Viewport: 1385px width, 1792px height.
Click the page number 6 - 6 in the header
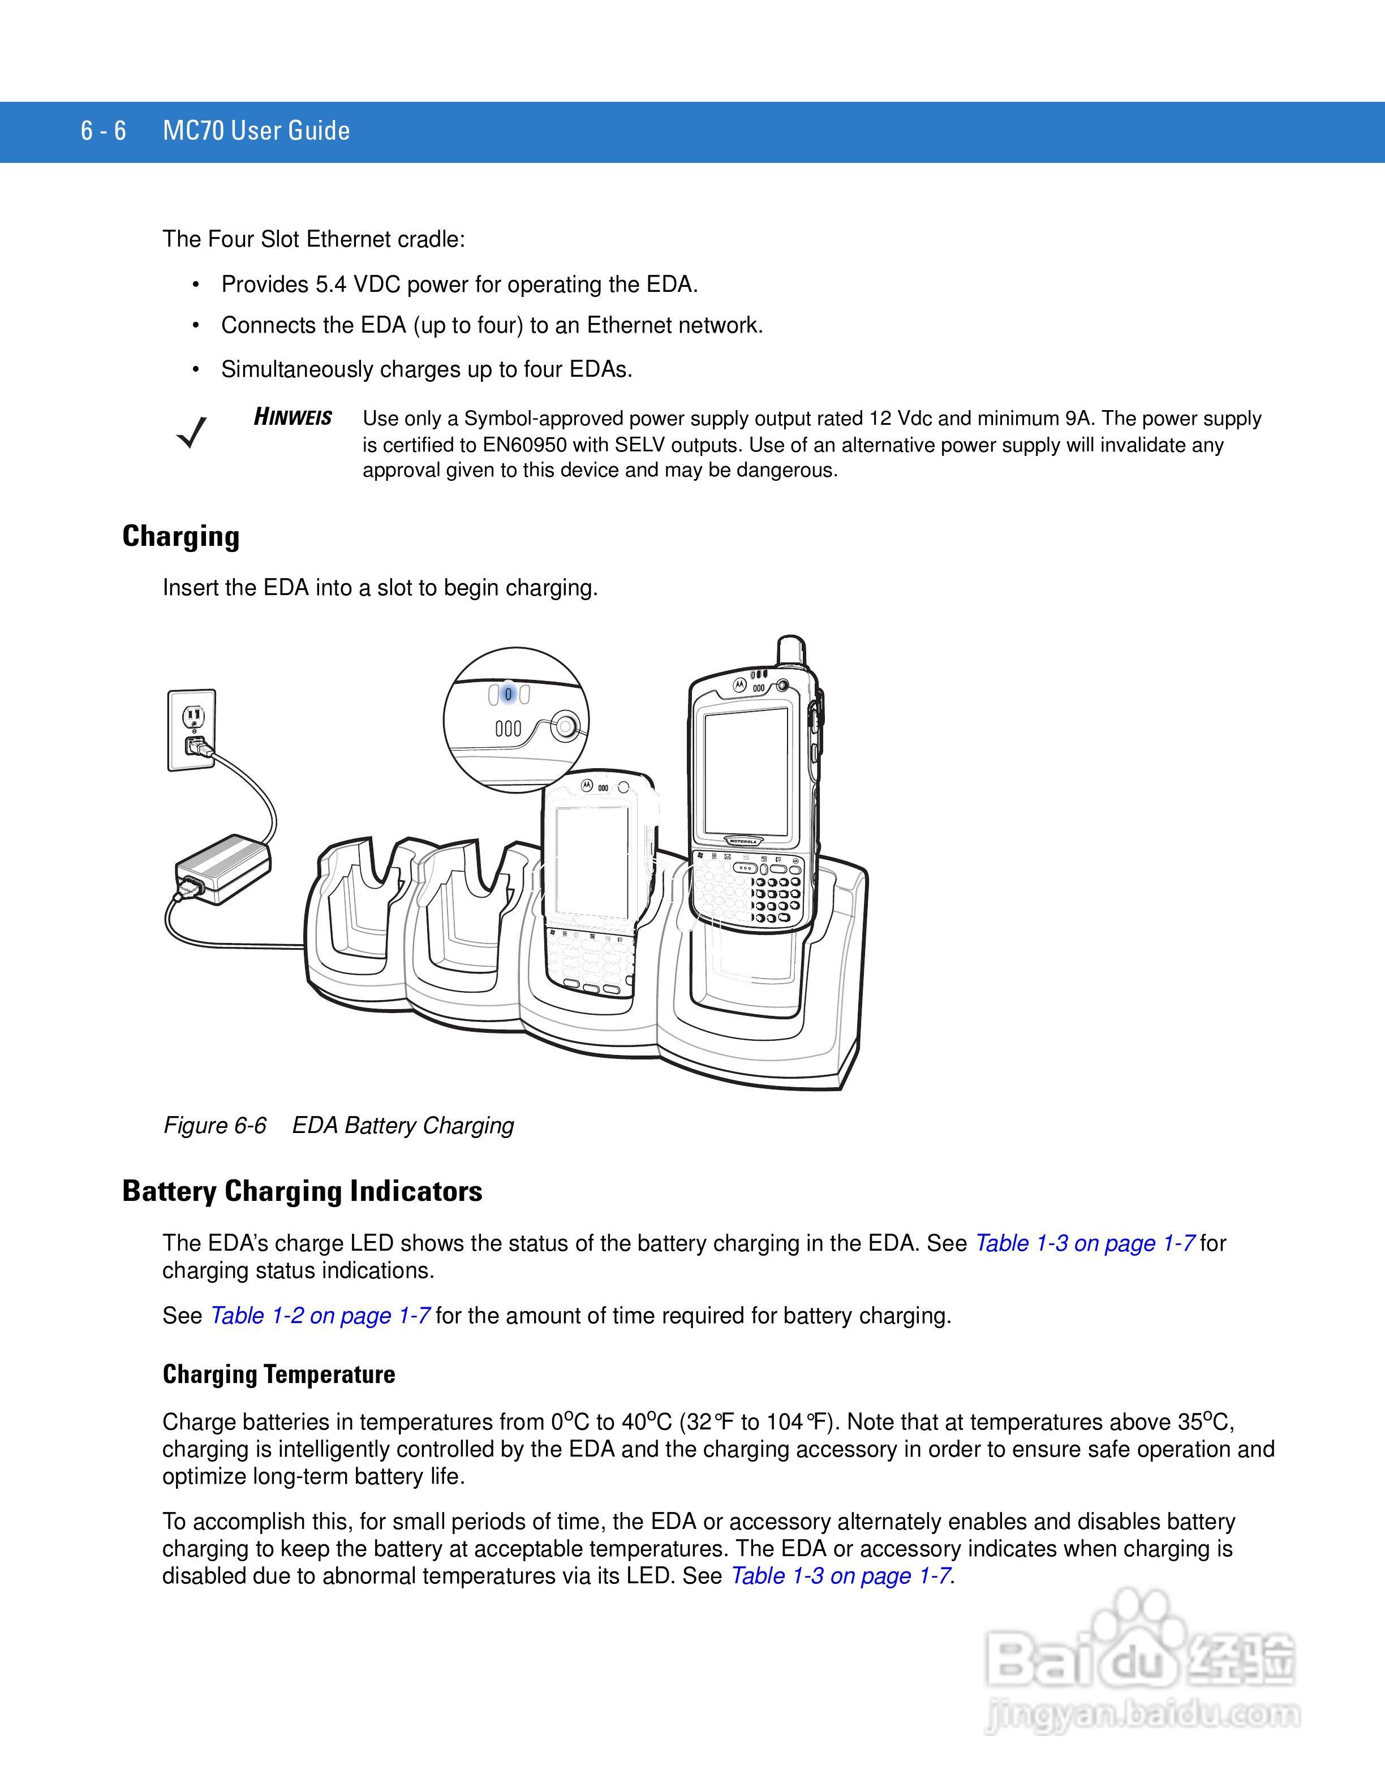click(104, 131)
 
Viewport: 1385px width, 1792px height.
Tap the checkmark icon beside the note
click(192, 432)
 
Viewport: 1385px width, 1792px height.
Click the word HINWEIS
click(293, 417)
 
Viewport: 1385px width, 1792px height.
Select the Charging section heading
click(182, 537)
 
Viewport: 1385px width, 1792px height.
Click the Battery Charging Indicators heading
click(302, 1191)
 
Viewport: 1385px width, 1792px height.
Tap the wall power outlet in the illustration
click(192, 730)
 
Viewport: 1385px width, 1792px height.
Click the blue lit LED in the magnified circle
click(509, 695)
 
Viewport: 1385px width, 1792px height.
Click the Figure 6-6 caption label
click(215, 1125)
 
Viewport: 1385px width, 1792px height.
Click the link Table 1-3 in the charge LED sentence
click(1085, 1243)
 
